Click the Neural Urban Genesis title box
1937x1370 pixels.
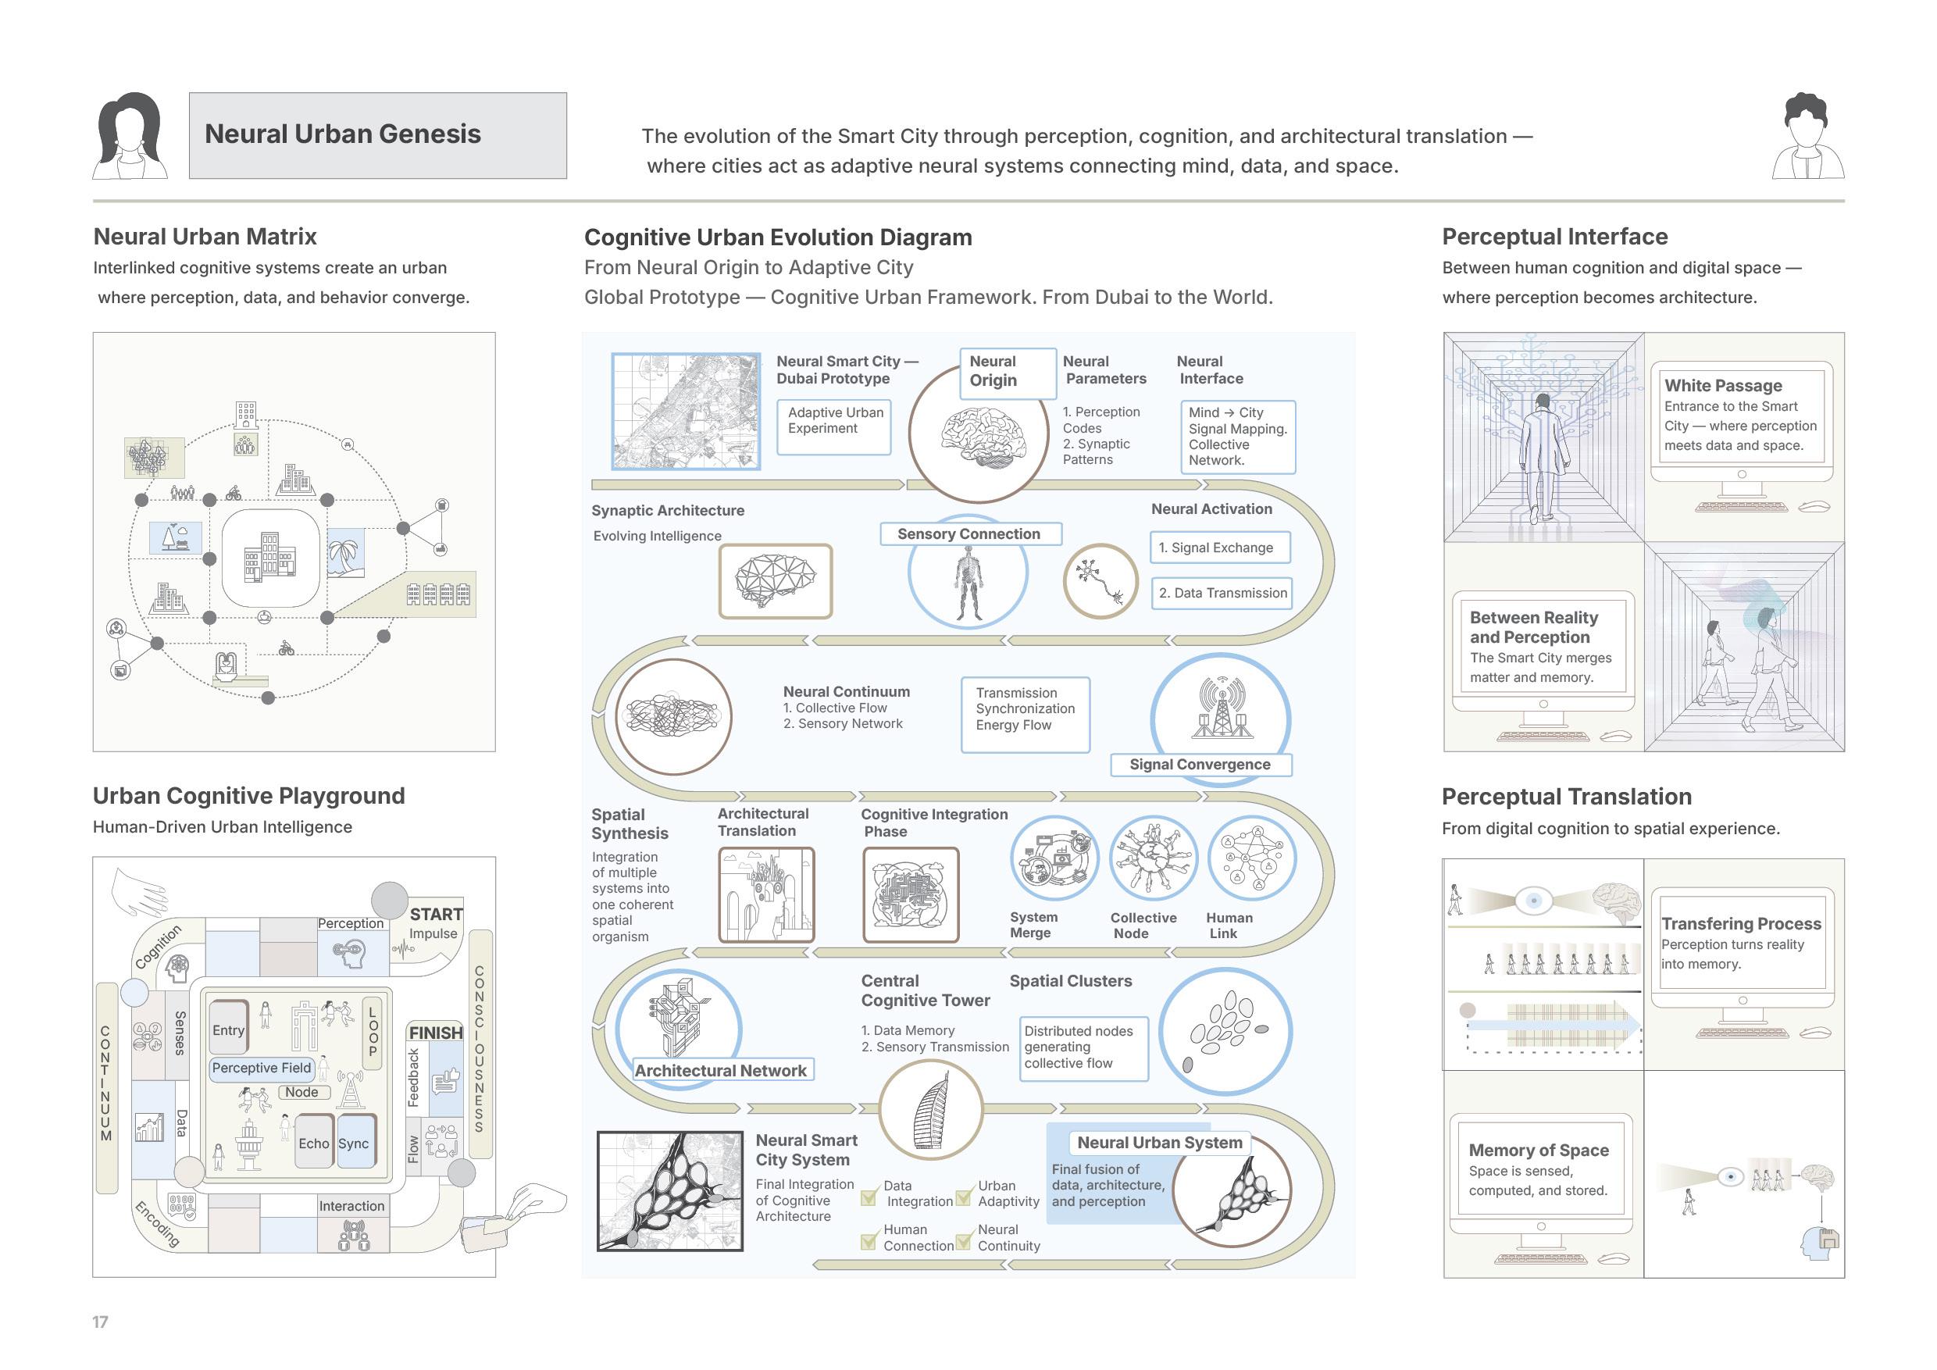(x=377, y=135)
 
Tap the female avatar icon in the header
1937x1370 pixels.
(x=130, y=136)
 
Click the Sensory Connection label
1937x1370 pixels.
(x=969, y=534)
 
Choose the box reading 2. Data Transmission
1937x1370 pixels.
(x=1222, y=593)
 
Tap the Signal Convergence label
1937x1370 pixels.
(x=1200, y=765)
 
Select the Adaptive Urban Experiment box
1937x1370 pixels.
(x=833, y=428)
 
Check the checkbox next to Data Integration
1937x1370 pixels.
(x=868, y=1197)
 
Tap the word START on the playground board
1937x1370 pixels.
(x=436, y=915)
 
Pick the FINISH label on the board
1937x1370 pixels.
(x=435, y=1033)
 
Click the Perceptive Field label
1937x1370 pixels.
(x=262, y=1068)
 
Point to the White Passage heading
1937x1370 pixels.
(x=1723, y=386)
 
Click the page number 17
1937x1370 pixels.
(x=101, y=1322)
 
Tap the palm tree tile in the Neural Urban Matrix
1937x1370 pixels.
(x=346, y=554)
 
